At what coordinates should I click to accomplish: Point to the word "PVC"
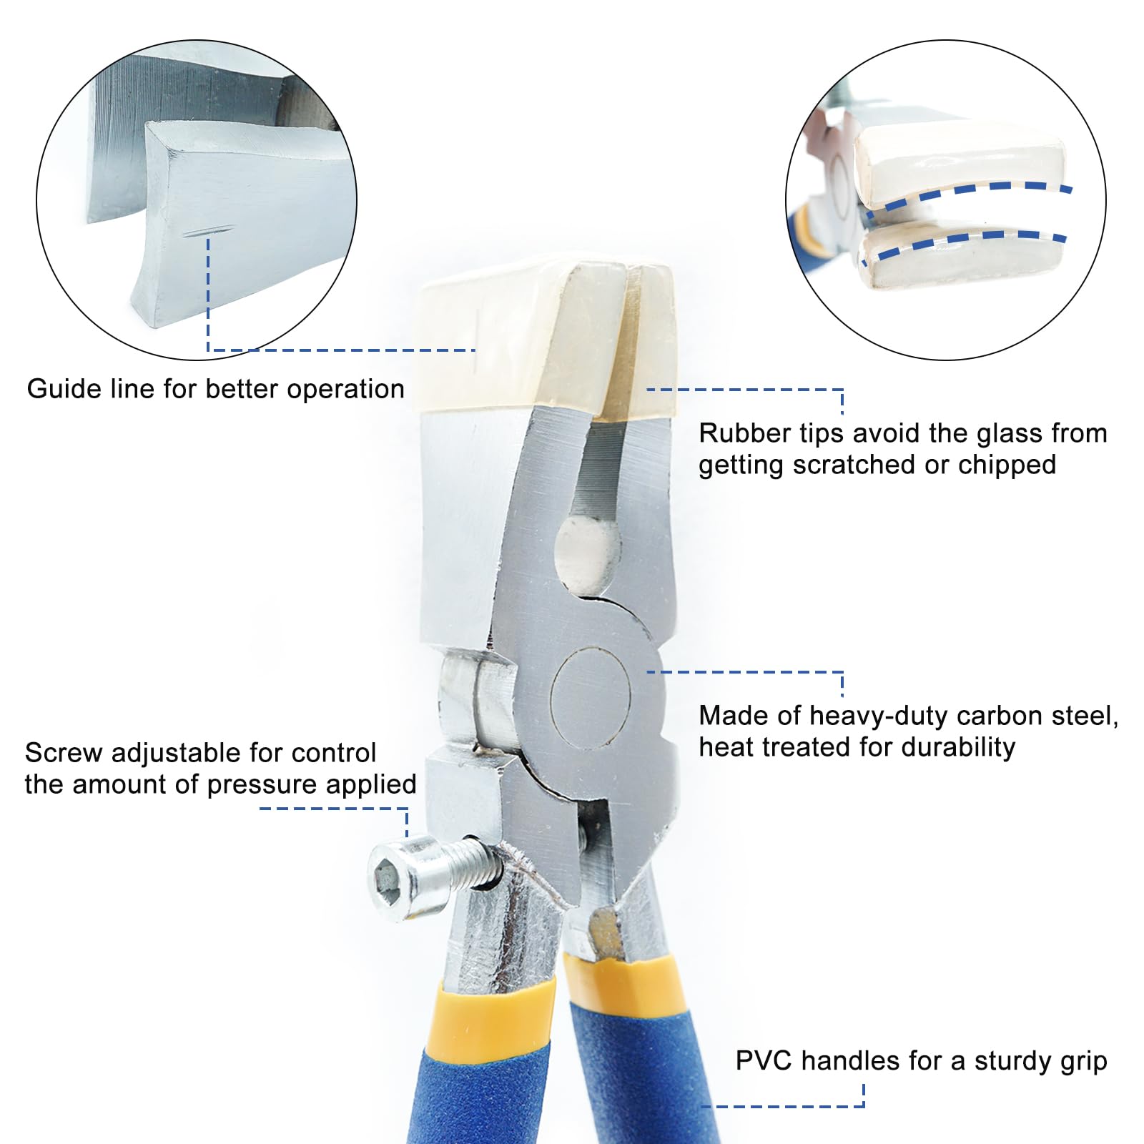point(764,1061)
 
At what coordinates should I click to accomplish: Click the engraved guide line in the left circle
point(207,232)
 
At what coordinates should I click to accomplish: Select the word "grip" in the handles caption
point(1083,1062)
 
